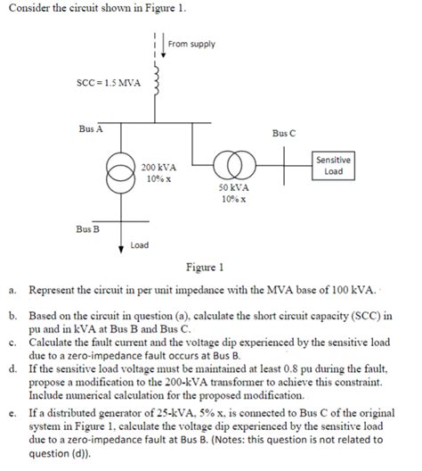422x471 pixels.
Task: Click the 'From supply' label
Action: pyautogui.click(x=191, y=44)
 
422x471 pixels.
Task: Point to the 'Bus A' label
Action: pyautogui.click(x=90, y=128)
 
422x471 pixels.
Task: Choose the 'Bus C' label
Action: pyautogui.click(x=284, y=135)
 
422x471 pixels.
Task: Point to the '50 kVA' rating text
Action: pyautogui.click(x=234, y=189)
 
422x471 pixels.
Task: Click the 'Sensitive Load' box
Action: pyautogui.click(x=333, y=165)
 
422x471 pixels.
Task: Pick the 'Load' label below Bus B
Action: pyautogui.click(x=139, y=244)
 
